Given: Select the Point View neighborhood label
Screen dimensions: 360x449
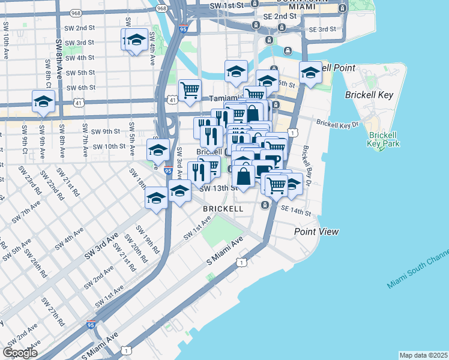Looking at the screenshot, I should tap(316, 232).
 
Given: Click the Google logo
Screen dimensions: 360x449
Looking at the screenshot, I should tap(20, 353).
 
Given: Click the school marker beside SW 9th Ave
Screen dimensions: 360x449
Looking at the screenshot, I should tap(43, 102).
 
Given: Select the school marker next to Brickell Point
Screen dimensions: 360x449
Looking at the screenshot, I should tap(310, 73).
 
